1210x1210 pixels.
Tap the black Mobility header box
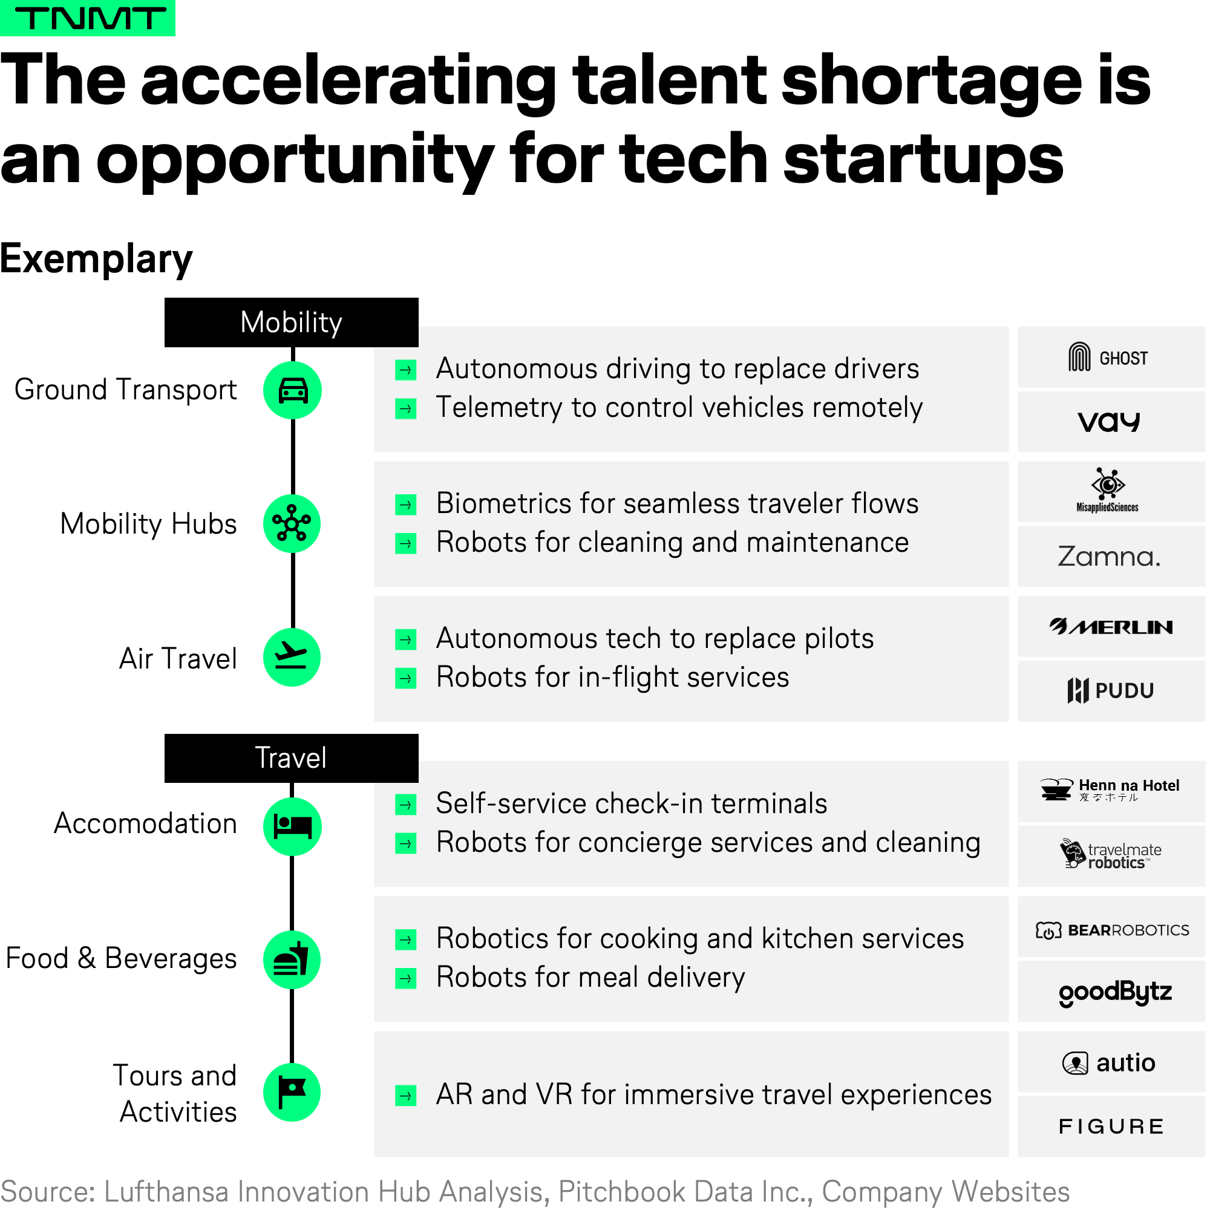[291, 322]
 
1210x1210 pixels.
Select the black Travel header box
[291, 758]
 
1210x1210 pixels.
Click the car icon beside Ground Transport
[292, 390]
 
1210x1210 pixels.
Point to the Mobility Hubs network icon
[292, 523]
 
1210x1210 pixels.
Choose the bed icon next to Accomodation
[292, 826]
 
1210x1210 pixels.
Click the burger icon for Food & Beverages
[292, 960]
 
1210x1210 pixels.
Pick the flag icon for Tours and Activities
[292, 1093]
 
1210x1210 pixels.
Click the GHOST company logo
[1108, 358]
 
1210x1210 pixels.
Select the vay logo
[1108, 422]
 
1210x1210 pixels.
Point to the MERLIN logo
[1111, 627]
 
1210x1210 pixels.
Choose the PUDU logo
[1110, 690]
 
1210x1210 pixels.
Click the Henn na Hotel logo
[1109, 789]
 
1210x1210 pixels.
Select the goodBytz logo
[1116, 993]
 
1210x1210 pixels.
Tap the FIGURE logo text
[1111, 1127]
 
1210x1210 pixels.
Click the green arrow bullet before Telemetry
[406, 409]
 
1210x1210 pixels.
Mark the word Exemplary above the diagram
[96, 260]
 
